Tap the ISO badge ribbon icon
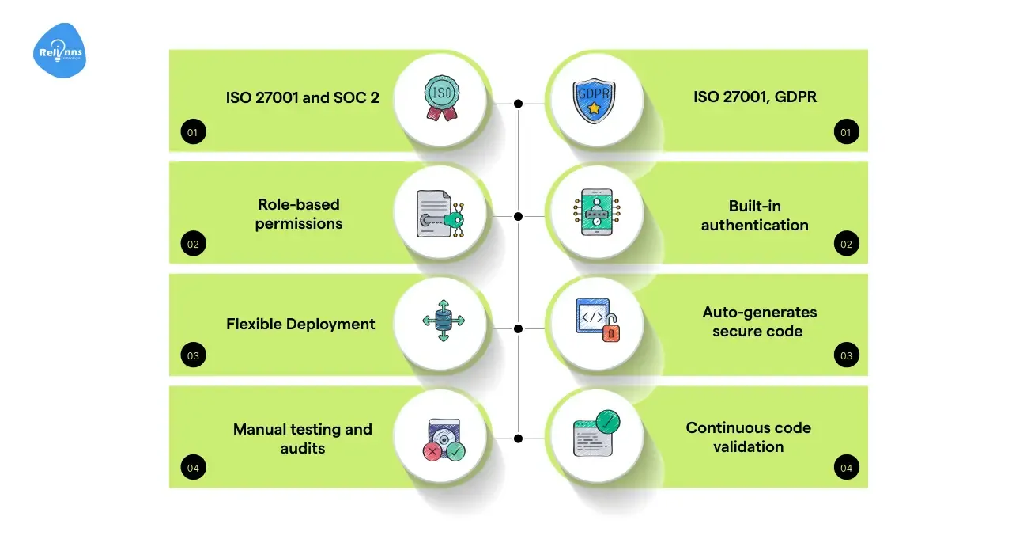click(441, 98)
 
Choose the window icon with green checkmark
click(597, 434)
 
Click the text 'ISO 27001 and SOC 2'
click(302, 98)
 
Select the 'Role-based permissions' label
click(299, 215)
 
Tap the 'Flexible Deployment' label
click(300, 325)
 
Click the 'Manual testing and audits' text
click(302, 439)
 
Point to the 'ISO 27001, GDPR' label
click(755, 98)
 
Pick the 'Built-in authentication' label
click(755, 215)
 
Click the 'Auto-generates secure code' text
click(759, 322)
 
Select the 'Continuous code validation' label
click(749, 437)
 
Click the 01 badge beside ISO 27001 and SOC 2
click(193, 132)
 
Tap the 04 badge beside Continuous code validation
click(847, 469)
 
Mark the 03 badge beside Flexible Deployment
click(193, 356)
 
